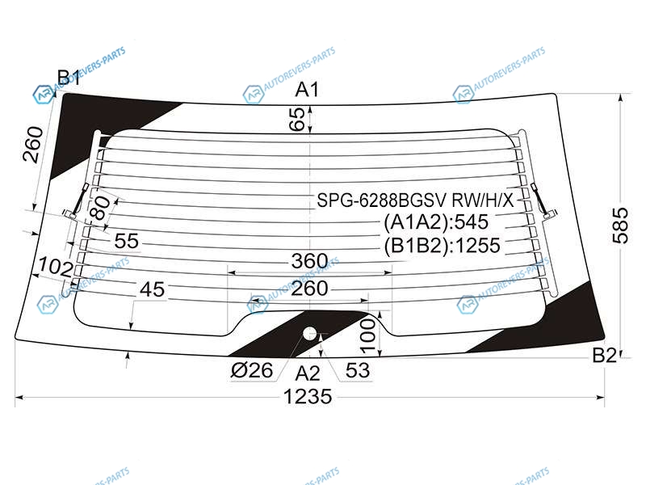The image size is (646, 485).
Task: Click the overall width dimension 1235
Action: (x=308, y=396)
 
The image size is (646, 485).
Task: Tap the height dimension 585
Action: (x=620, y=226)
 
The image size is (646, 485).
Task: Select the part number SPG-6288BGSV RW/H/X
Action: (x=415, y=200)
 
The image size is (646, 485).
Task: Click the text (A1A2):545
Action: (x=436, y=222)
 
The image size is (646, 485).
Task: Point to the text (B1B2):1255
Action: (x=442, y=246)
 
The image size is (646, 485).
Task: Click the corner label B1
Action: (x=69, y=77)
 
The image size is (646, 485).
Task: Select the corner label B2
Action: (x=604, y=355)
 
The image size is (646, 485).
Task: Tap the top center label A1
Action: (x=308, y=90)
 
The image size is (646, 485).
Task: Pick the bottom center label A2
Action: (x=308, y=373)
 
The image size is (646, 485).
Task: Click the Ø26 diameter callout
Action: (x=252, y=370)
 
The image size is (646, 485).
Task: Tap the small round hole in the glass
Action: (x=309, y=333)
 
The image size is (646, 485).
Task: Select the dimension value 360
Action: (x=309, y=260)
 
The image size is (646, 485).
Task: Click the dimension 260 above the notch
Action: (x=309, y=289)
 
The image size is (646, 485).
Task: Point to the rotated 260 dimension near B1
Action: (x=33, y=145)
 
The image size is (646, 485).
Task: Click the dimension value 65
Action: (x=296, y=119)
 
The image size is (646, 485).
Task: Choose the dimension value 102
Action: (x=55, y=267)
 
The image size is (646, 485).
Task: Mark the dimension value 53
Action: (x=358, y=370)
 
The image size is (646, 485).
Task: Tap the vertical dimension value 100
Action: (x=368, y=336)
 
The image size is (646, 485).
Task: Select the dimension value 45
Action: (x=152, y=289)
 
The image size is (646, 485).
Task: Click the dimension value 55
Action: (x=127, y=241)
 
